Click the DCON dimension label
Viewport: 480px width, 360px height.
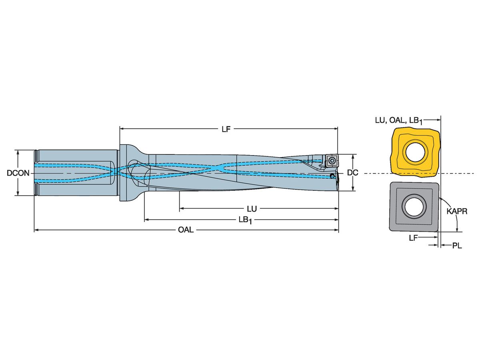[x=18, y=173]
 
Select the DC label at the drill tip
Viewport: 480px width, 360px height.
[x=352, y=173]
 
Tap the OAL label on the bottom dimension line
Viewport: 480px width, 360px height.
[x=186, y=230]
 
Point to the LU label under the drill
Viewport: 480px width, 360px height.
[x=252, y=209]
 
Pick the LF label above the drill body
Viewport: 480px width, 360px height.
[x=226, y=129]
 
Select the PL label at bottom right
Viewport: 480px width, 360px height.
[x=457, y=246]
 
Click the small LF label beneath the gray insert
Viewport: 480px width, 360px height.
[x=413, y=238]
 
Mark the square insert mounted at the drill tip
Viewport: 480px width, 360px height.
[x=332, y=161]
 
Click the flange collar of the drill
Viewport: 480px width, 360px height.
[x=124, y=173]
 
